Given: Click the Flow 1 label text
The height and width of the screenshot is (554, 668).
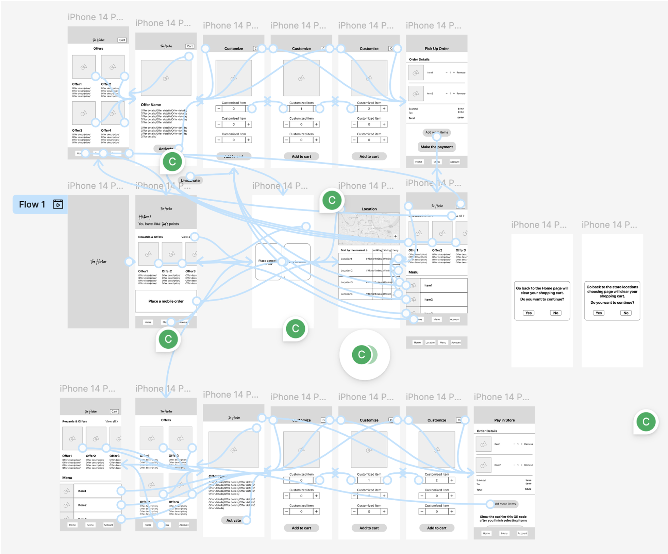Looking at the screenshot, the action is (32, 204).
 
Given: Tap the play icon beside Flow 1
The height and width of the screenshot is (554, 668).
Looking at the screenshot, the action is (58, 204).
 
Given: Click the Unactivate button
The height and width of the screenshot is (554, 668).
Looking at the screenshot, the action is (190, 181).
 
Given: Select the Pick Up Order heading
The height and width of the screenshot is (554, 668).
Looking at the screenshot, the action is (436, 49).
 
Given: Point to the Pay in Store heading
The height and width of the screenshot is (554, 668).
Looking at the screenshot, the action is (504, 420).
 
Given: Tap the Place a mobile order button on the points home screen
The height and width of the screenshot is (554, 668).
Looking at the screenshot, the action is (166, 301).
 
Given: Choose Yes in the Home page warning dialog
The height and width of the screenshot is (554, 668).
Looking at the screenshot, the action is (528, 313).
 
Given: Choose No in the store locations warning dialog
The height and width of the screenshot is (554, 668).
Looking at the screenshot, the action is (625, 313).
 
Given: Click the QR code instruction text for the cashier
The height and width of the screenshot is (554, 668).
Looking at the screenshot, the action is (503, 518).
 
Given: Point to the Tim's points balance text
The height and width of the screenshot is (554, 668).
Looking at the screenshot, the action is (158, 224).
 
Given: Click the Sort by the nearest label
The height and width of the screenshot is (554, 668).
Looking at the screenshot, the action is (354, 250).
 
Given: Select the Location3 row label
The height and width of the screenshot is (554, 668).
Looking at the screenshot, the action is (347, 282).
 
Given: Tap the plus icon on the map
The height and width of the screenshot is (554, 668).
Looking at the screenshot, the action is (395, 236).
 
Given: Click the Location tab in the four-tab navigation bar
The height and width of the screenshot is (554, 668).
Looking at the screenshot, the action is (430, 342).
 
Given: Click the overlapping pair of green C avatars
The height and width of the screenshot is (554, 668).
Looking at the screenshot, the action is (364, 355).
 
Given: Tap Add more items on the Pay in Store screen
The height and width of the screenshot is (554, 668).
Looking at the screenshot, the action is (505, 504).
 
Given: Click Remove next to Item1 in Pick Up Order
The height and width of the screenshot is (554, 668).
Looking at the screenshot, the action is (461, 72).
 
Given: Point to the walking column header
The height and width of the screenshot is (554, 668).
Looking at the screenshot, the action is (377, 250).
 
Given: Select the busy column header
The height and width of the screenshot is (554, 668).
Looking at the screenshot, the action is (395, 250).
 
